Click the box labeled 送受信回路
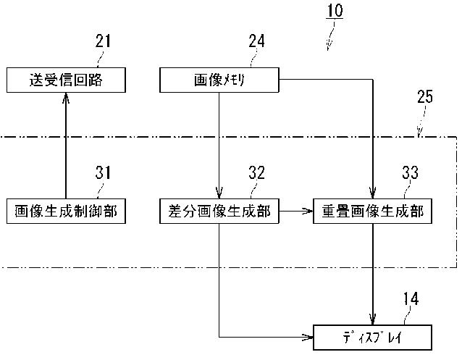(66, 80)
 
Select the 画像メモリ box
(219, 80)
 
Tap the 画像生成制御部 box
(66, 211)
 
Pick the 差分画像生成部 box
(219, 211)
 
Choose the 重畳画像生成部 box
(373, 211)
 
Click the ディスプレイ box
(373, 337)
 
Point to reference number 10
(335, 12)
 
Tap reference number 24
(256, 41)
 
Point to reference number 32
(256, 172)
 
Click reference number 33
(411, 172)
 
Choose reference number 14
(411, 298)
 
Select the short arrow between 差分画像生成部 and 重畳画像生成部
(296, 211)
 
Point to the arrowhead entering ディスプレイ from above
(373, 320)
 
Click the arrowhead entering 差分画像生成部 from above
(219, 194)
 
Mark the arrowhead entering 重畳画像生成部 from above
(373, 194)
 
